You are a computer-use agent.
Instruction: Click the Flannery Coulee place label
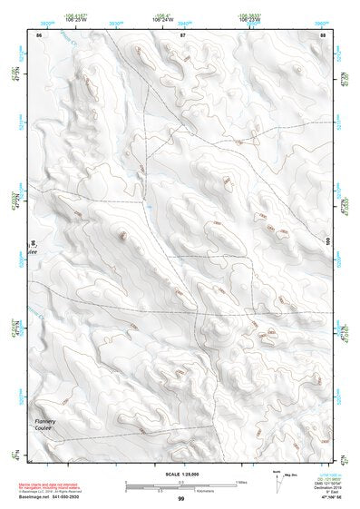tap(45, 425)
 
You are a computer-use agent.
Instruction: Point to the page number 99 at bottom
tap(180, 499)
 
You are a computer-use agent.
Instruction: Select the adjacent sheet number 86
tap(39, 34)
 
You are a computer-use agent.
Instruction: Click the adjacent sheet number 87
tap(182, 34)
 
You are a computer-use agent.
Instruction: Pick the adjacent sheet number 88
tap(324, 34)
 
